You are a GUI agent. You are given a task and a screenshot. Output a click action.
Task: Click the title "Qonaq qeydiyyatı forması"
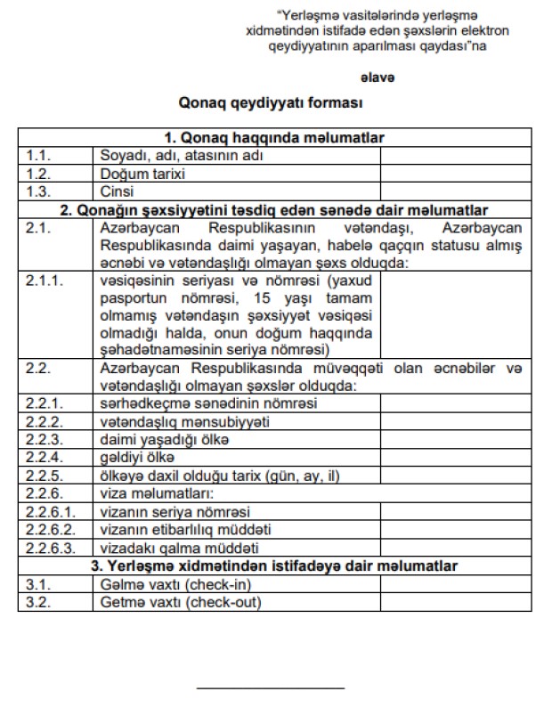point(274,103)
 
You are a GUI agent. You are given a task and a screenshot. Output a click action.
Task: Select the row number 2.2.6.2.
point(49,530)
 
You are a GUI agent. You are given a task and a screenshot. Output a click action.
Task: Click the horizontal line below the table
point(270,688)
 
